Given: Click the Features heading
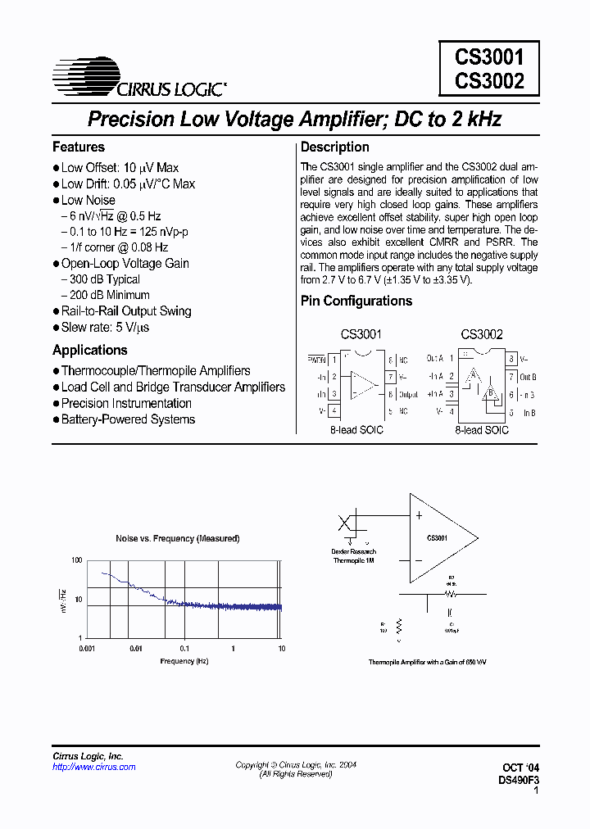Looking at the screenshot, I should point(79,147).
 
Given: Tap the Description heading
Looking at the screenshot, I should point(334,147).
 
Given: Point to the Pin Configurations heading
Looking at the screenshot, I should point(356,301).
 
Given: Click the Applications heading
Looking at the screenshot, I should point(90,350).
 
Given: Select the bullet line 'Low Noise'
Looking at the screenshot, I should point(88,200).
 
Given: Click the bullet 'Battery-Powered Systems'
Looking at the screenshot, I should point(128,419).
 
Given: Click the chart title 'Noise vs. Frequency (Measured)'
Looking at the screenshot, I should point(178,538).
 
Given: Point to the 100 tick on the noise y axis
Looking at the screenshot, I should point(77,560).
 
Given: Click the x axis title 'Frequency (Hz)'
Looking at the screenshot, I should point(178,660).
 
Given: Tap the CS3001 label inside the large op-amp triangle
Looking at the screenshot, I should point(437,538).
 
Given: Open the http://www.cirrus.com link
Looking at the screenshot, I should point(94,767).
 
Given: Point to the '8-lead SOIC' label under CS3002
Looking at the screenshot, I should point(482,430).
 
